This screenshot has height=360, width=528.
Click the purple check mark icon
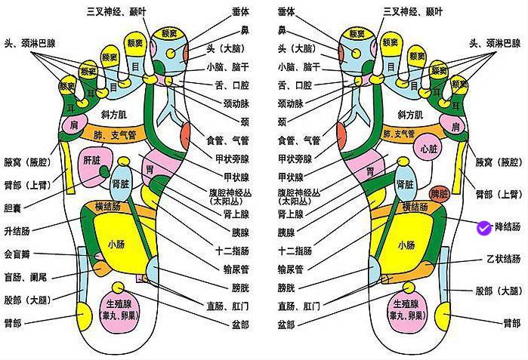pos(483,226)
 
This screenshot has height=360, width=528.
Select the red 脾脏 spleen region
pos(439,194)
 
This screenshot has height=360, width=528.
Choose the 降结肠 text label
pos(507,227)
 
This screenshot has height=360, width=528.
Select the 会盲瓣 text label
pos(19,254)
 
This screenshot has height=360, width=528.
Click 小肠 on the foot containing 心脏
pos(406,245)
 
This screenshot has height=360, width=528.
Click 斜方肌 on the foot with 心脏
pos(410,115)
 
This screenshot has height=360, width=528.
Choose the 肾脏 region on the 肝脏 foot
pos(122,183)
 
